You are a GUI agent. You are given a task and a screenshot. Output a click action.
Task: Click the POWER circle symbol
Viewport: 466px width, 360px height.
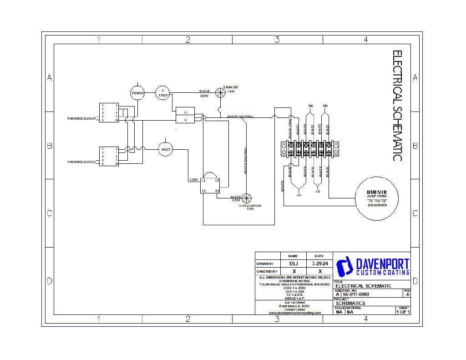click(137, 93)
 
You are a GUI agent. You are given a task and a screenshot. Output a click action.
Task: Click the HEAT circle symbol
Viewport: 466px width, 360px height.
click(166, 149)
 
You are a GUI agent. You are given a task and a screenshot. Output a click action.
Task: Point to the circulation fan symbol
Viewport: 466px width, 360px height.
click(247, 198)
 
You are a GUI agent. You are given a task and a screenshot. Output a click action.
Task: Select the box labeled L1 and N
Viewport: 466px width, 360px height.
click(185, 115)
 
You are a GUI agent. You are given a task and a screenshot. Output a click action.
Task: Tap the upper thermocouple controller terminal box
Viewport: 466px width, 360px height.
click(109, 112)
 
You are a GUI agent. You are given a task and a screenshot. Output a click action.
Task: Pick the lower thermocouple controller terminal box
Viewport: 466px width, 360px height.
click(109, 156)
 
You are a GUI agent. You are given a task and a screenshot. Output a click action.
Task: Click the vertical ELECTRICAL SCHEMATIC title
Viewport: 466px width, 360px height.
click(397, 105)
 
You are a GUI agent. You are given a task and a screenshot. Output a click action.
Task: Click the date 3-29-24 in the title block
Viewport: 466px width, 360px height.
click(320, 264)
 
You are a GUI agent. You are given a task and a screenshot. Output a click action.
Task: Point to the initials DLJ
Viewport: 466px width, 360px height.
click(294, 264)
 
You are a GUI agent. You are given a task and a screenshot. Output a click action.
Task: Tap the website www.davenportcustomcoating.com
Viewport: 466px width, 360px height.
click(294, 313)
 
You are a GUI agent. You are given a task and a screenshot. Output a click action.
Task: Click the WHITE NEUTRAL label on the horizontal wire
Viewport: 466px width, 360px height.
click(241, 117)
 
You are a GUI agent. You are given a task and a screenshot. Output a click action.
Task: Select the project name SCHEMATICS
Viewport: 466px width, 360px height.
click(350, 303)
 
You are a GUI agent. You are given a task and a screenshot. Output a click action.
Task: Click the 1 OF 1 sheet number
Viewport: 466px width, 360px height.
click(403, 312)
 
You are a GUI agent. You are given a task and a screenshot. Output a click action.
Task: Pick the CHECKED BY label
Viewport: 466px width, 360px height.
click(267, 271)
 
